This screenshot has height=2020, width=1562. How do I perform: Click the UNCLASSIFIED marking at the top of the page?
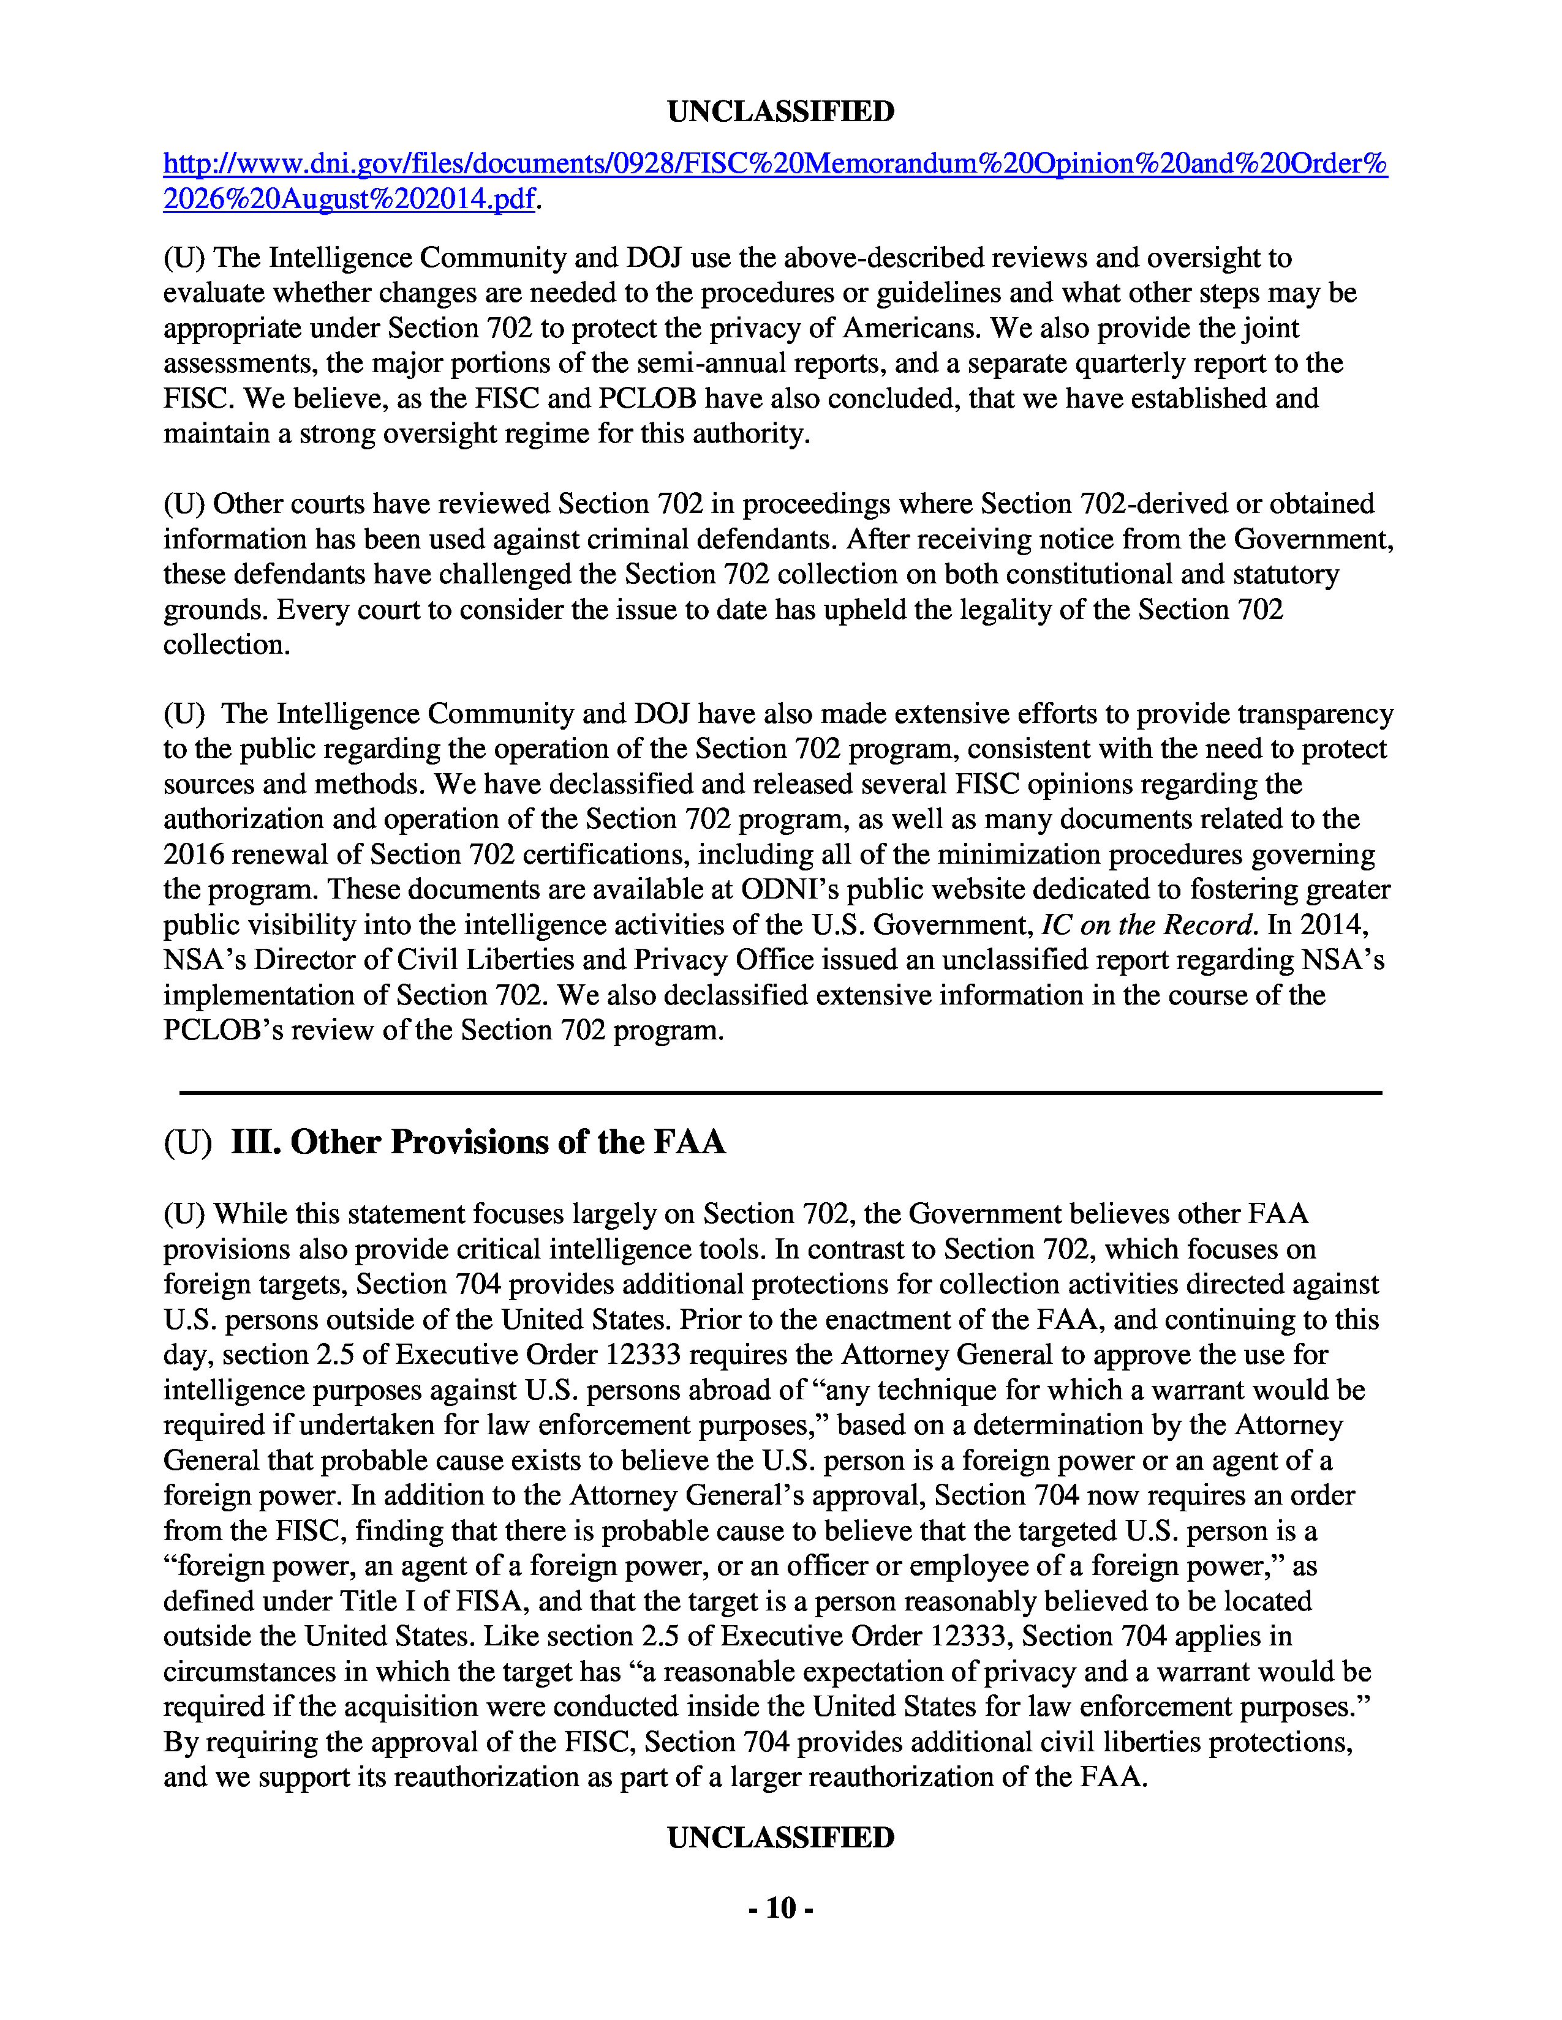click(780, 112)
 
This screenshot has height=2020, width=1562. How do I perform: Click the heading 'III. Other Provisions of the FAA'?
click(478, 1142)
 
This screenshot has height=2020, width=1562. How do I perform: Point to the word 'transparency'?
click(1315, 714)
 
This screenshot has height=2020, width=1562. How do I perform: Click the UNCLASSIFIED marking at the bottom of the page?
click(780, 1838)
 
